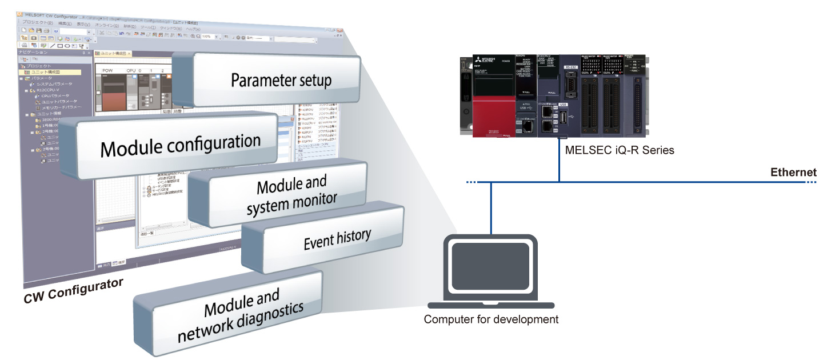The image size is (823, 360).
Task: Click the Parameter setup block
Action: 281,79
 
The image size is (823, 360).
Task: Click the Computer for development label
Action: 491,319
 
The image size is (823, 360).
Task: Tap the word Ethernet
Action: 793,172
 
